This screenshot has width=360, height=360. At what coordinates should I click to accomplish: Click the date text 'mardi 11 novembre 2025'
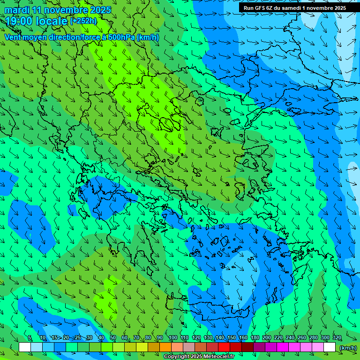58,10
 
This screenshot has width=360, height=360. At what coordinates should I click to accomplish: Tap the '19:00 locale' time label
37,21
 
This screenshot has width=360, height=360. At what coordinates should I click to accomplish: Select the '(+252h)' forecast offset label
83,21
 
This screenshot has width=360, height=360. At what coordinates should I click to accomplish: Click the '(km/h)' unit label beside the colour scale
348,348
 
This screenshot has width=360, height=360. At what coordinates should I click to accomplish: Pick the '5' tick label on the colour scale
30,338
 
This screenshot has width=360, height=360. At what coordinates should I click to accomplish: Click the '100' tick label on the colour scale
172,338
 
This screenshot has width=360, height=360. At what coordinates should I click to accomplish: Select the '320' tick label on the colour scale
337,338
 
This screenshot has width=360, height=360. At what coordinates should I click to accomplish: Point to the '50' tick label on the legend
113,338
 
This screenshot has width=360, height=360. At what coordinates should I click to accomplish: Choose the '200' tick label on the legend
267,338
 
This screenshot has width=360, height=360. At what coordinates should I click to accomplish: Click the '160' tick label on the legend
243,338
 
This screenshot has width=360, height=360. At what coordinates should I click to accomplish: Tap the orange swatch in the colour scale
165,347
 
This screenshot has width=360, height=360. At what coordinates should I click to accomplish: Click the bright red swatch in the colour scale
224,347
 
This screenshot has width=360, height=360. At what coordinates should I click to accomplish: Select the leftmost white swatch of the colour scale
25,347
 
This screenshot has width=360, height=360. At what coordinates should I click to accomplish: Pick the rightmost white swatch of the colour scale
330,347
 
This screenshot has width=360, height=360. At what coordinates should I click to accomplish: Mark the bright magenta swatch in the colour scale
283,347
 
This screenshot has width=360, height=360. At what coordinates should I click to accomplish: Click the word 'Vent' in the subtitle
13,37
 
